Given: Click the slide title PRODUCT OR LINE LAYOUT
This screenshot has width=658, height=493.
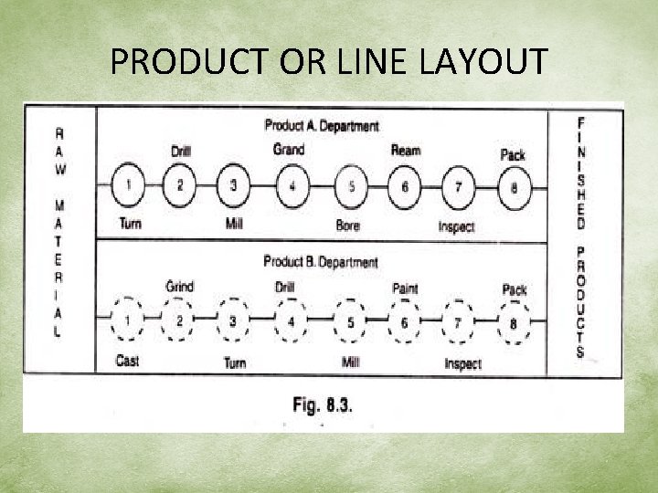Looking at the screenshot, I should click(329, 62).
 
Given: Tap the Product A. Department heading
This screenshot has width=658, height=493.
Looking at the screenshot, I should click(322, 126).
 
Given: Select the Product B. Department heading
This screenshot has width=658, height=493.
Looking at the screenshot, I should click(320, 262).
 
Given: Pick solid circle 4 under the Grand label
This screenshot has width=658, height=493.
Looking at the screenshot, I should click(292, 186).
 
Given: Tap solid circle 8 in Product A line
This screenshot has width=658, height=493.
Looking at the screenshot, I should click(514, 188).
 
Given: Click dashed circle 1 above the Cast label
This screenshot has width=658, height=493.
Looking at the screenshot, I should click(127, 320).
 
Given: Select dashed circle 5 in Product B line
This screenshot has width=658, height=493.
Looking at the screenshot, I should click(350, 322).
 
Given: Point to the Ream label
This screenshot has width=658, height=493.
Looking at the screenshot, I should click(405, 151).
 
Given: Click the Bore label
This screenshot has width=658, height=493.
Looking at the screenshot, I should click(348, 225).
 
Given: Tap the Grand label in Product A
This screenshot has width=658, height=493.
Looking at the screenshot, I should click(289, 149).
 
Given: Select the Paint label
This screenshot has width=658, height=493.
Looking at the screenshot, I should click(405, 288).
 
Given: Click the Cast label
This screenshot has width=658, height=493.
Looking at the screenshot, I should click(128, 361).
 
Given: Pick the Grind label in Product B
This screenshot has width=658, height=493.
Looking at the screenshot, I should click(180, 287).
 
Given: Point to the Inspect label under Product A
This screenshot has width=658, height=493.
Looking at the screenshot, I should click(456, 226).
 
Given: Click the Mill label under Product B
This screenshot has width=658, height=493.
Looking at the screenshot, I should click(350, 362).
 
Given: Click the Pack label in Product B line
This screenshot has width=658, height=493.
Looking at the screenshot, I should click(515, 289).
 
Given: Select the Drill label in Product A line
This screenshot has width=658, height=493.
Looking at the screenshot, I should click(181, 152).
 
